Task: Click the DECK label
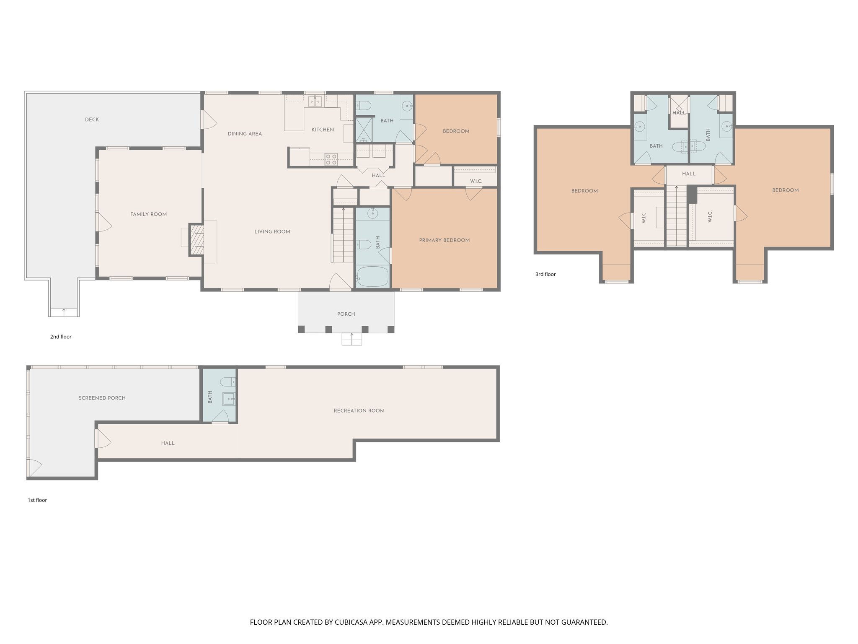pyautogui.click(x=92, y=119)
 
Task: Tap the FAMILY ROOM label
pyautogui.click(x=148, y=214)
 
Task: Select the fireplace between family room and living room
pyautogui.click(x=196, y=240)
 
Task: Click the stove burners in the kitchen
pyautogui.click(x=331, y=159)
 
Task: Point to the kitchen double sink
pyautogui.click(x=315, y=101)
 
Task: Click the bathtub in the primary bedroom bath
pyautogui.click(x=372, y=277)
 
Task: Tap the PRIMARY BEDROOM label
pyautogui.click(x=444, y=240)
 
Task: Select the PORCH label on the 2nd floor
pyautogui.click(x=346, y=314)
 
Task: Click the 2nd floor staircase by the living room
pyautogui.click(x=343, y=235)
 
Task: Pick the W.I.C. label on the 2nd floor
pyautogui.click(x=476, y=181)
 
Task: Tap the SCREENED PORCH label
pyautogui.click(x=102, y=398)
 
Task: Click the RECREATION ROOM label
pyautogui.click(x=359, y=410)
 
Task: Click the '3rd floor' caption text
pyautogui.click(x=545, y=274)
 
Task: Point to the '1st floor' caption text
pyautogui.click(x=37, y=500)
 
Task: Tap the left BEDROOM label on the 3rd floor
pyautogui.click(x=584, y=191)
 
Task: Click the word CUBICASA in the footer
pyautogui.click(x=351, y=622)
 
